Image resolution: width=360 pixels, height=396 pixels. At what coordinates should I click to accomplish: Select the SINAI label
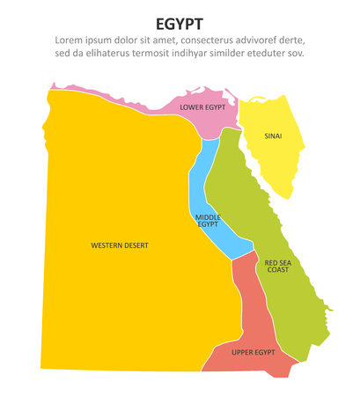274,136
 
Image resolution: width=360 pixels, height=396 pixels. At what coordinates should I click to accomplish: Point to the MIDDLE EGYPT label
208,220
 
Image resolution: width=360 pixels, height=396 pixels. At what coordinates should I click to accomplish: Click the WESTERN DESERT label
120,245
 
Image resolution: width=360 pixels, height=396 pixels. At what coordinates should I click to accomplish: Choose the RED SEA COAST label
277,266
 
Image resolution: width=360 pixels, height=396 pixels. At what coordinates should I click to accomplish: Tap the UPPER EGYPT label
253,352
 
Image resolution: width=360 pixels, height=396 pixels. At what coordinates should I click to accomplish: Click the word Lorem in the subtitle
71,40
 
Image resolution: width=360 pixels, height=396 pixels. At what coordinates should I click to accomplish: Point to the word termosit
158,54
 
